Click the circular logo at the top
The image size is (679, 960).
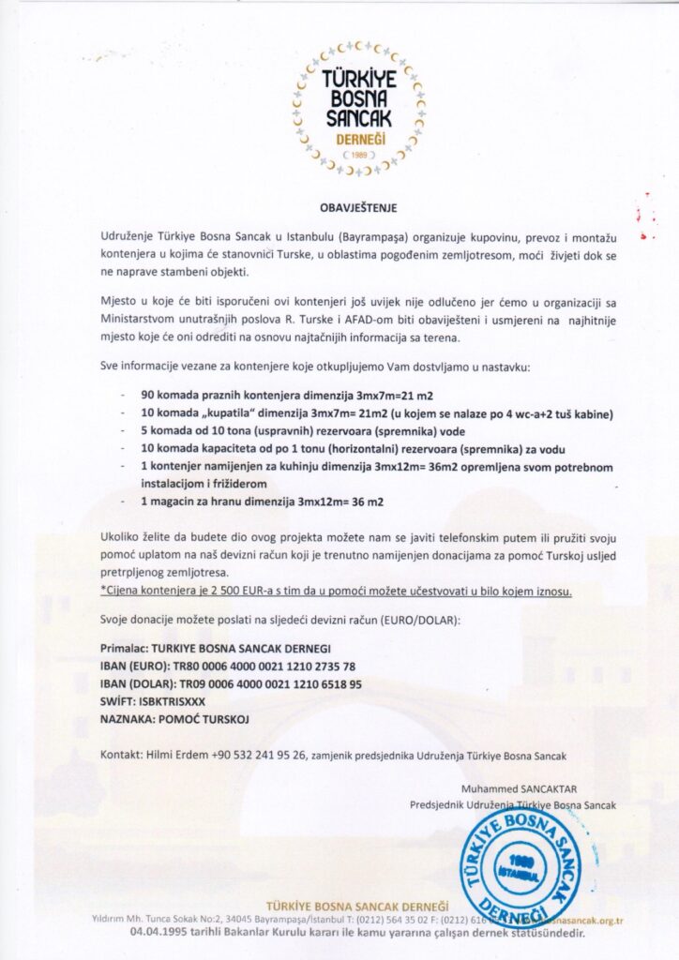click(358, 109)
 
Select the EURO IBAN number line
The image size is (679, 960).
click(228, 667)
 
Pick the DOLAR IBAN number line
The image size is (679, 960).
click(231, 683)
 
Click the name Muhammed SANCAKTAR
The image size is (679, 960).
click(538, 787)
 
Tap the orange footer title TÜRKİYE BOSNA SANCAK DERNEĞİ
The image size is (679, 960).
click(357, 906)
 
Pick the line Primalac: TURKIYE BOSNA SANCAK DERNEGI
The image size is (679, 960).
click(215, 649)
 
